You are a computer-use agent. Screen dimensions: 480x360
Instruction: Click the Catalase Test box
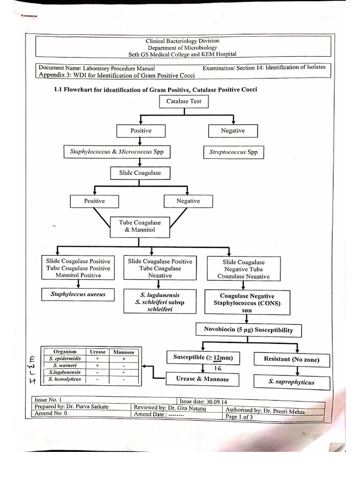click(184, 101)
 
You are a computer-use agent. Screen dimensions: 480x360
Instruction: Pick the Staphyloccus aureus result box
click(78, 295)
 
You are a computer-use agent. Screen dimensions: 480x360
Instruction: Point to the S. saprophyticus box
click(291, 382)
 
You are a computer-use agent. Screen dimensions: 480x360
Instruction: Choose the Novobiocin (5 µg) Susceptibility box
click(248, 330)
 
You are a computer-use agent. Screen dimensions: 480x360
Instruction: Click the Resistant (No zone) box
click(292, 360)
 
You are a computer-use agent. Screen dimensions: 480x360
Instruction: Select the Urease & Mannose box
click(202, 379)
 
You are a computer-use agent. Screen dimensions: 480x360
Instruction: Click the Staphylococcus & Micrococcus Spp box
click(117, 152)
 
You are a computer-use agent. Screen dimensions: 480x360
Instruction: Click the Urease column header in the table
click(97, 352)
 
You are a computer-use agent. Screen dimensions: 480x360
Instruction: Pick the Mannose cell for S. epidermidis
click(123, 358)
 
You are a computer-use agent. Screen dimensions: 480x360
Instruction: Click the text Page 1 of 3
click(239, 417)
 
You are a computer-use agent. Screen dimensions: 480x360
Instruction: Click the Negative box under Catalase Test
click(233, 131)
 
